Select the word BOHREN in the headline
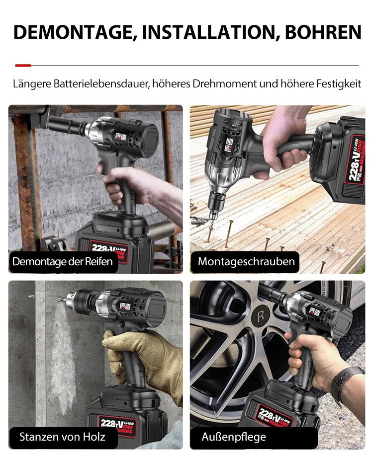pos(323,32)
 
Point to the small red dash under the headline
pos(23,65)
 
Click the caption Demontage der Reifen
pos(63,261)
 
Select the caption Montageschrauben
pos(246,261)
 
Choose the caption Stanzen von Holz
pos(62,437)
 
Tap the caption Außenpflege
pos(234,437)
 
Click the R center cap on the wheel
pos(260,316)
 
